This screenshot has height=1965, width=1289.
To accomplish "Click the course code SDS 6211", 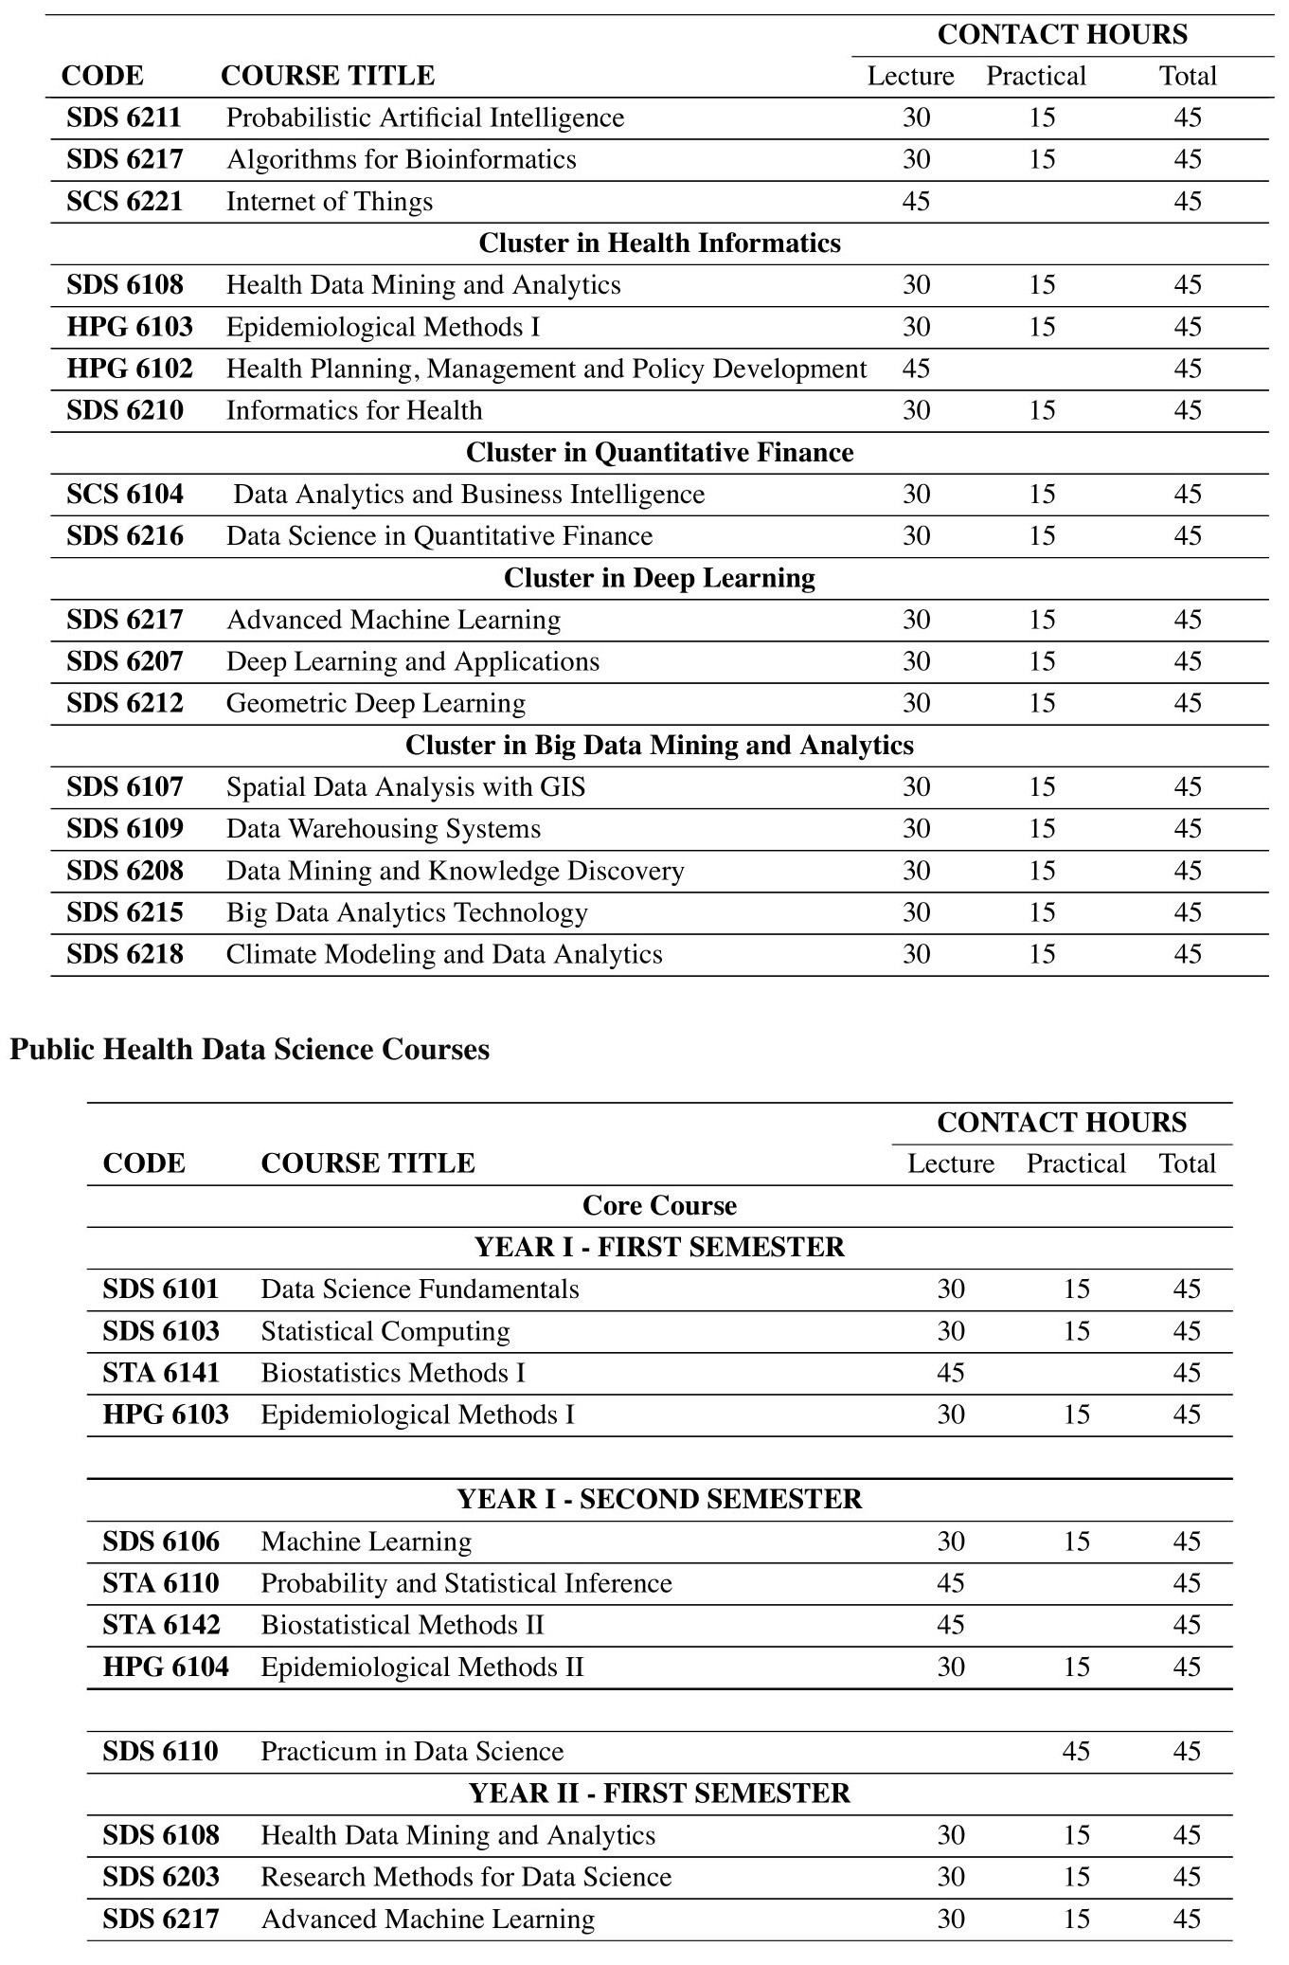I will (124, 118).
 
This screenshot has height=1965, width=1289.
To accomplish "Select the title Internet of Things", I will (330, 202).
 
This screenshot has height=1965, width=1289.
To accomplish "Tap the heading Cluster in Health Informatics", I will (659, 243).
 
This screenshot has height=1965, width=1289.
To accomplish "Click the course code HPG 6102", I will (130, 369).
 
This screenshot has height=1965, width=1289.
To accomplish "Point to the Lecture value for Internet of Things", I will (916, 202).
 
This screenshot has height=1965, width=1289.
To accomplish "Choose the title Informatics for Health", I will (354, 410).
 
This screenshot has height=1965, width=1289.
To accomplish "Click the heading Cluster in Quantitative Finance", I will (659, 453).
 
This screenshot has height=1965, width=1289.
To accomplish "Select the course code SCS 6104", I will (125, 495).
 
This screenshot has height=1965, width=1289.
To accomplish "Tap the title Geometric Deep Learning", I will (376, 703).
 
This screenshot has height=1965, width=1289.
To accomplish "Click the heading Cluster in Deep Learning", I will (659, 578).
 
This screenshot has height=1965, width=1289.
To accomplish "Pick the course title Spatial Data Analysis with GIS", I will (405, 787).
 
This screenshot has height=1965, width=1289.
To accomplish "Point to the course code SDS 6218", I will (125, 954).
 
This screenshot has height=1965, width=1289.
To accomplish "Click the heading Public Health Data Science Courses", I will (250, 1050).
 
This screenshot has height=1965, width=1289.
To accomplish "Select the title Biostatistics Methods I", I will (393, 1373).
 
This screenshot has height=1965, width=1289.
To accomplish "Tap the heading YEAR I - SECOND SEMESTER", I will (659, 1499).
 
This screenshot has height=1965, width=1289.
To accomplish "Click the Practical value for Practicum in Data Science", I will (1076, 1751).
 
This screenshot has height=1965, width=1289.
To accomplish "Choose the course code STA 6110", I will (161, 1583).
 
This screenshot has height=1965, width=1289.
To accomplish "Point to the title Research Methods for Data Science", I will (466, 1877).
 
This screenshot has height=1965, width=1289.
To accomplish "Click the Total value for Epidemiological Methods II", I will (1187, 1667).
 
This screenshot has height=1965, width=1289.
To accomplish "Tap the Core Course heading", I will (659, 1205).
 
